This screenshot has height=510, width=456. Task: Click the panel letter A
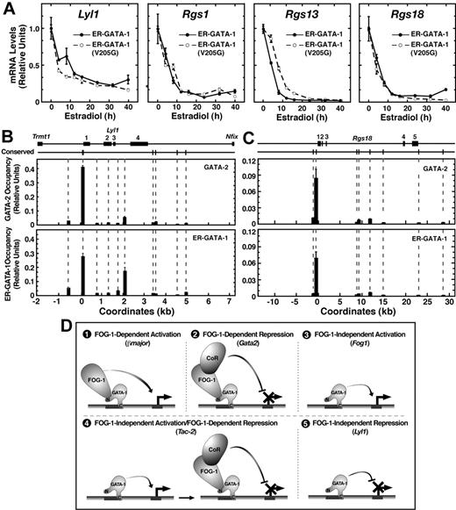coord(8,8)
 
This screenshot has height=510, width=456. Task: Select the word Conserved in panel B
coord(40,160)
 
